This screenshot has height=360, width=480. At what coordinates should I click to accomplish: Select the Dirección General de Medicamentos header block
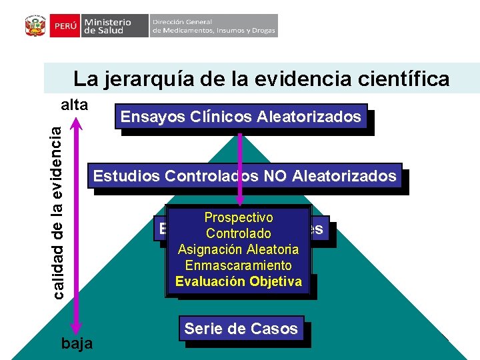coord(213,26)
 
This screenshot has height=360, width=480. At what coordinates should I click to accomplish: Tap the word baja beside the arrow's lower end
coord(77,343)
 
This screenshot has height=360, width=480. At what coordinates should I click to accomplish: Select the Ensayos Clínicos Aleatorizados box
coord(241,117)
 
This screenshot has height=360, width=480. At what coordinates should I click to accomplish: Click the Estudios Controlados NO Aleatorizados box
coord(245,176)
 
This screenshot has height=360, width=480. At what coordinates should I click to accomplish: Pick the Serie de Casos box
coord(241,329)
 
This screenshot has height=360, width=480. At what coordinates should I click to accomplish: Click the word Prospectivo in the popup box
coord(238,217)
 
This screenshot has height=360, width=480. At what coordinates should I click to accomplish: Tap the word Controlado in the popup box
coord(238,233)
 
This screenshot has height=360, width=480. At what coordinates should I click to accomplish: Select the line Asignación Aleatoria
coord(238,249)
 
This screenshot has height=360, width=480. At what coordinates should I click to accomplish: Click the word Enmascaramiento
coord(238,265)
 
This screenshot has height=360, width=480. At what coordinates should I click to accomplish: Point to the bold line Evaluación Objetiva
coord(238,281)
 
